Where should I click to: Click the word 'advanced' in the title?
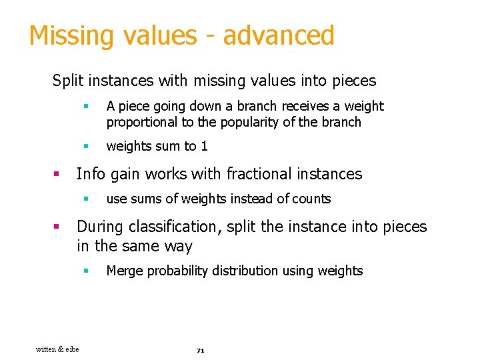coord(278,35)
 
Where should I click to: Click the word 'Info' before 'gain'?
coord(91,175)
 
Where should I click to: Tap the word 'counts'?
coord(311,199)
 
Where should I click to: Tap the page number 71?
coord(200,350)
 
